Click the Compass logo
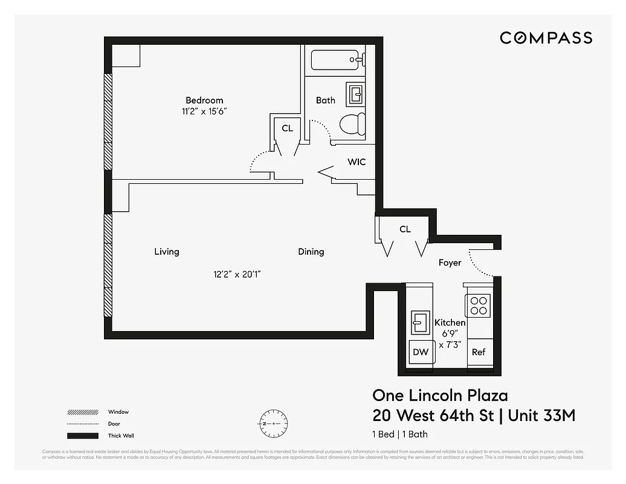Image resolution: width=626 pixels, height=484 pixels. point(546,38)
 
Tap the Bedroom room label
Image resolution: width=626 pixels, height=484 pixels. point(204,100)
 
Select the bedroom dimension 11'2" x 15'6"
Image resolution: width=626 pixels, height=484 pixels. point(204,111)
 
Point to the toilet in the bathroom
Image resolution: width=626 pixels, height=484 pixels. point(353,123)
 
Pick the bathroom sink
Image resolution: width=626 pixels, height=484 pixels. point(356,94)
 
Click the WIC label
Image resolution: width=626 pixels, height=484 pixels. point(357,162)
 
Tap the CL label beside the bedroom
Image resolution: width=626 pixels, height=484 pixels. point(287,128)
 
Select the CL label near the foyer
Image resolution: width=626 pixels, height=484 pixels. point(405,229)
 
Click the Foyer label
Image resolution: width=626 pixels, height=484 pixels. point(450,263)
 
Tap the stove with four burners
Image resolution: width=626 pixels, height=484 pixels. point(479,305)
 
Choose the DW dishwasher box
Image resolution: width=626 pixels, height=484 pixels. point(421,352)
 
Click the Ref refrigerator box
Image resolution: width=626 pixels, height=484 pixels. point(479,352)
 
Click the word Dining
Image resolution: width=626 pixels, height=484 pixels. point(311,252)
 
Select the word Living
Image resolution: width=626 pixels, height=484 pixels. point(166,252)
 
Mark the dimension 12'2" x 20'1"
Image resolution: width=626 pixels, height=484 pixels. point(237,274)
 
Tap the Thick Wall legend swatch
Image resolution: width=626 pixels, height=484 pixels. point(82,436)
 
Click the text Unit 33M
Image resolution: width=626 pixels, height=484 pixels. point(541,416)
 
